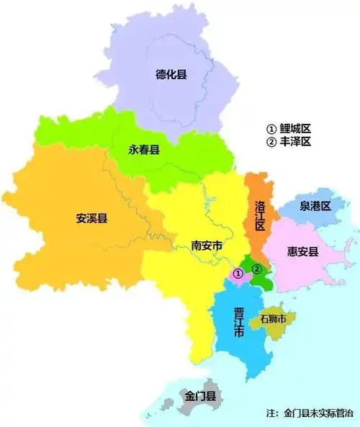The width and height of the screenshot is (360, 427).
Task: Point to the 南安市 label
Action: pyautogui.click(x=206, y=246)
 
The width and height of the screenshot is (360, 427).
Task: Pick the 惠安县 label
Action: pyautogui.click(x=302, y=251)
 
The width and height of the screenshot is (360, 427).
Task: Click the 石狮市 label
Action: pyautogui.click(x=273, y=318)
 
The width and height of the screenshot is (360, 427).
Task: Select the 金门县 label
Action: pyautogui.click(x=200, y=397)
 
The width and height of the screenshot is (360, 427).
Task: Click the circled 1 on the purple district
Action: pyautogui.click(x=238, y=274)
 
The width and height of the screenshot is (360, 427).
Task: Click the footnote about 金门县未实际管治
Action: pyautogui.click(x=310, y=413)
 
